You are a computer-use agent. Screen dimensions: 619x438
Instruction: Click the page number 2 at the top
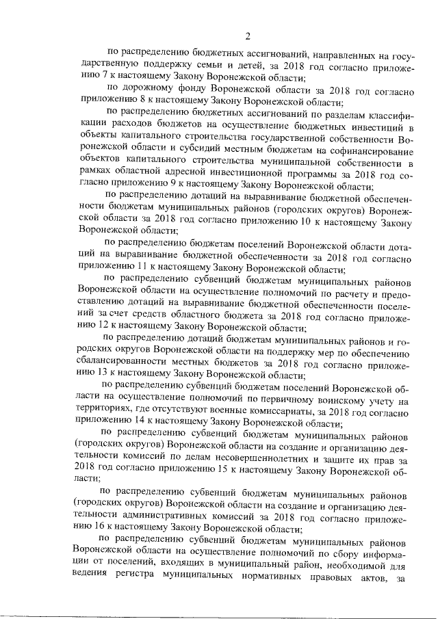click(x=248, y=36)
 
